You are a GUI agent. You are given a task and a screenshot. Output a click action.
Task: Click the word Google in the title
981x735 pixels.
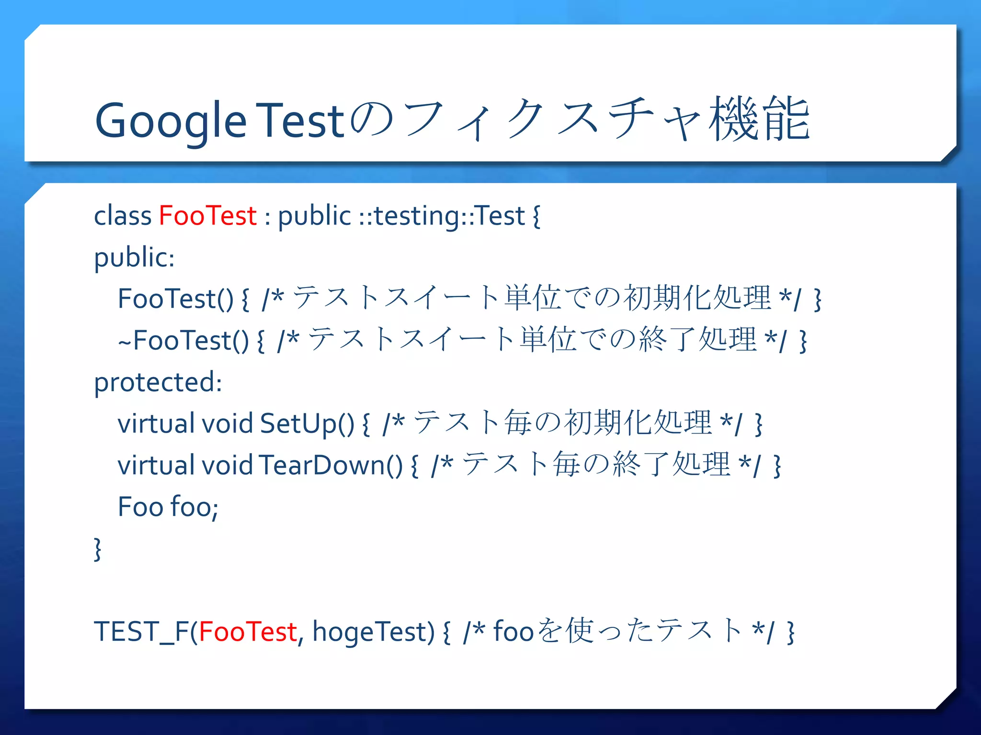(171, 121)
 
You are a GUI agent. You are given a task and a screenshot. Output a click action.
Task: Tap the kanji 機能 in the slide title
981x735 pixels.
(759, 119)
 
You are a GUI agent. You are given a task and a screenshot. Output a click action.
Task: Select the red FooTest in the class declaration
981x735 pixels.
(207, 215)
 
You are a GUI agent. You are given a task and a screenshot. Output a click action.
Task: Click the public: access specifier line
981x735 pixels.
(134, 258)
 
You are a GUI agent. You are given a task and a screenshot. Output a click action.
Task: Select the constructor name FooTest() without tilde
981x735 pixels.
(175, 299)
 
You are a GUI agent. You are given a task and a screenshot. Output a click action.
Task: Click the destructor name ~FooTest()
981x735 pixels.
(183, 341)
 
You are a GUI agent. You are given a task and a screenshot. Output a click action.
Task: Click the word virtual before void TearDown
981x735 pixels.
(156, 465)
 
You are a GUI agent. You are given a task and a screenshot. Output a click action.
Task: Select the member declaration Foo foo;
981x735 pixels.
(168, 507)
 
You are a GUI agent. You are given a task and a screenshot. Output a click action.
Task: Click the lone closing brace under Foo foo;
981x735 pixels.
(98, 549)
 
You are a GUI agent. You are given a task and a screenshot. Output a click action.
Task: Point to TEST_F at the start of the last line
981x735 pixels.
(142, 632)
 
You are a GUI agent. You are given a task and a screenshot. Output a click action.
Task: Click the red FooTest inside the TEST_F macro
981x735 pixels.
(248, 632)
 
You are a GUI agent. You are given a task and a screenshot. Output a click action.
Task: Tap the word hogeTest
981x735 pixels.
(373, 632)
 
